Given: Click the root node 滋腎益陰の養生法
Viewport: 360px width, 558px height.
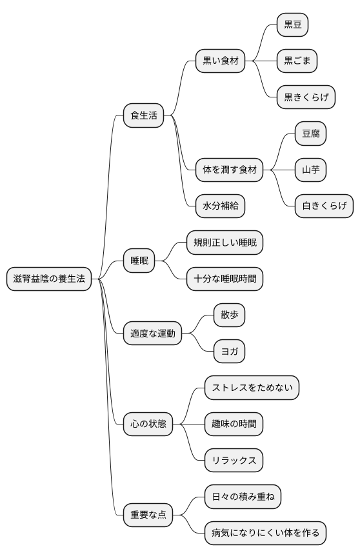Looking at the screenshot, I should point(49,279).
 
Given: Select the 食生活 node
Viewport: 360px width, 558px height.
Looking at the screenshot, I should point(143,116).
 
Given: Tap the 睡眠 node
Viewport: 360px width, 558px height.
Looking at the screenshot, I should point(139,261).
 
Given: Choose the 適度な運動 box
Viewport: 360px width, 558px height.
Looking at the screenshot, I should point(152,334).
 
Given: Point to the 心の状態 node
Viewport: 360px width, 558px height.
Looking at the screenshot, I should point(148,424).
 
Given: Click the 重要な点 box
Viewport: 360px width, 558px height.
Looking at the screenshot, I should point(148,514).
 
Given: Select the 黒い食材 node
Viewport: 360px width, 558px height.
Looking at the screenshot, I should point(221,61).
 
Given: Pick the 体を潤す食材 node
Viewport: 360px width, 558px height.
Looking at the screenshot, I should point(230,170).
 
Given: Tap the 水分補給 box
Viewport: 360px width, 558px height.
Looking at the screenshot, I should point(220,206).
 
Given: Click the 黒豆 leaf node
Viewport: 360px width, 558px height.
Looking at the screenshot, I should point(292,25).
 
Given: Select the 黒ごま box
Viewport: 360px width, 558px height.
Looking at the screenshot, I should point(297,61).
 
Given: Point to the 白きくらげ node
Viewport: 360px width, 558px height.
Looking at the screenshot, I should point(324,206).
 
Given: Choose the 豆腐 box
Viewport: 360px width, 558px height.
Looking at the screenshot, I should point(310,134).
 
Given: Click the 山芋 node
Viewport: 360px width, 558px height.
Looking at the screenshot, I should point(310,170).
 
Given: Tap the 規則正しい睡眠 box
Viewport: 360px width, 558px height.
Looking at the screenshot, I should point(225,243).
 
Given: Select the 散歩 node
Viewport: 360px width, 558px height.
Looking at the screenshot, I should point(229,315).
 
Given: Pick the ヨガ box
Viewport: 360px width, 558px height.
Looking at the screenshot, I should point(229,352).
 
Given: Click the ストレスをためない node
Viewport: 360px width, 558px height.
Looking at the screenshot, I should point(252,388).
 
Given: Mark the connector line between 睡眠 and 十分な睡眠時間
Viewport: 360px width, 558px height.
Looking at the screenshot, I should point(171,271).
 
